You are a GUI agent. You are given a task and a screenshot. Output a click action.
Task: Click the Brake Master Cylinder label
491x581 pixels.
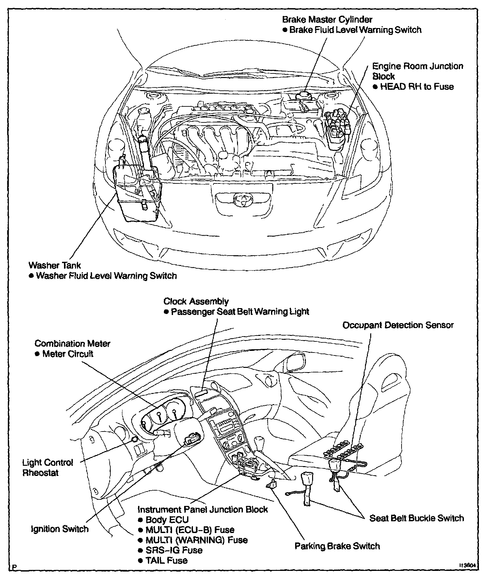coord(327,20)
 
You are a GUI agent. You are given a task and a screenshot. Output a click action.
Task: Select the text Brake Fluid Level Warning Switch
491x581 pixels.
coord(355,30)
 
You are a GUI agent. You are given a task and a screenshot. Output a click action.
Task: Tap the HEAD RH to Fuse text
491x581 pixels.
coord(417,87)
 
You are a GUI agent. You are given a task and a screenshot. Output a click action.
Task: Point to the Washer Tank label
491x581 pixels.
coord(55,265)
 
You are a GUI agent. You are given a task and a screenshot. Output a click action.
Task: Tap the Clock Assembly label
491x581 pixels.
coord(196,301)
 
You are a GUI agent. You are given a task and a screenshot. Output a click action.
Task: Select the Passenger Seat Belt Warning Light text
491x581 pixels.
coord(240,312)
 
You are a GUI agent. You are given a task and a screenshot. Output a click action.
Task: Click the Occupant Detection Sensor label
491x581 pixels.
coord(398,325)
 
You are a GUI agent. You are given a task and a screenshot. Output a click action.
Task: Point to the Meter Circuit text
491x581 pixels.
coord(68,354)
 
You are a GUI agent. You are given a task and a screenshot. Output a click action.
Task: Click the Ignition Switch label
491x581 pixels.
coord(59,529)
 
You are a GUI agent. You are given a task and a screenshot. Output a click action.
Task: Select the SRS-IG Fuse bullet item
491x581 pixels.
coord(174,550)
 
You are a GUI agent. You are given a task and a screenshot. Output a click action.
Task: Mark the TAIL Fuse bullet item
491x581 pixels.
coord(166,560)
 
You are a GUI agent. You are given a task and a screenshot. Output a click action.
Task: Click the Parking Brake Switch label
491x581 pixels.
coord(337,546)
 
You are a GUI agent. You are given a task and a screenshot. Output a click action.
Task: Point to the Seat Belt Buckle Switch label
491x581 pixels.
coord(416,518)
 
